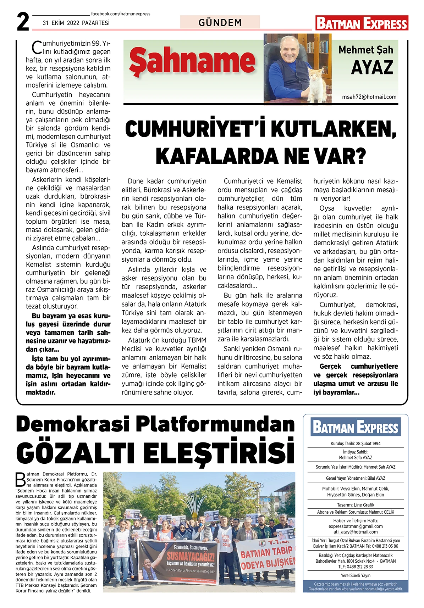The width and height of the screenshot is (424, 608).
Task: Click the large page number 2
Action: coord(23,22)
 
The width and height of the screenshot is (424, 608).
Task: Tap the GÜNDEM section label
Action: coord(220,23)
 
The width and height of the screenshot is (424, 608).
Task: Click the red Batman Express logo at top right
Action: coord(362,23)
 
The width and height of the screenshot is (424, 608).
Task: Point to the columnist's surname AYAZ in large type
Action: coord(372,67)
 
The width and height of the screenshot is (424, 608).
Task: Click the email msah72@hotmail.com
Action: coord(369,97)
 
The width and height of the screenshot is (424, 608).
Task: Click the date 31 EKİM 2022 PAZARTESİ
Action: coord(76,23)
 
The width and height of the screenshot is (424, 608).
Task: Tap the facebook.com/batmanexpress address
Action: coord(121,14)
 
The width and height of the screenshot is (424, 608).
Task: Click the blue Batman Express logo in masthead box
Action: coord(356,427)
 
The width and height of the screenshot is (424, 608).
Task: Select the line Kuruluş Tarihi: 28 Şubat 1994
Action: coord(356,444)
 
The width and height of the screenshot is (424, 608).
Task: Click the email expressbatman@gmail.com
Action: coord(356,526)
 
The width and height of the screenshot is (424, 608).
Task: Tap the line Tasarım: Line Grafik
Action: coord(356,505)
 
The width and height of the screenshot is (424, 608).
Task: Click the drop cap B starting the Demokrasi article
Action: coord(21,480)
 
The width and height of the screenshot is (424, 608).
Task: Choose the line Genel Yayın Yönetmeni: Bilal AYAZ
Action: coord(356,478)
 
